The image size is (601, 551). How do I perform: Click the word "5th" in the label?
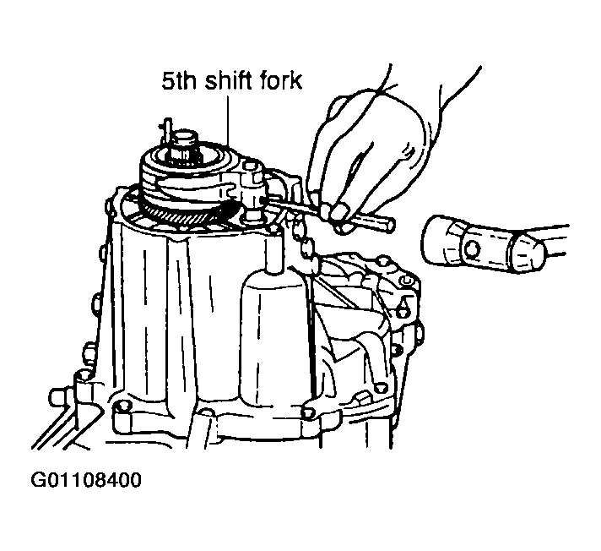pos(179,81)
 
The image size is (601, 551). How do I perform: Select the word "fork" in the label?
pos(282,80)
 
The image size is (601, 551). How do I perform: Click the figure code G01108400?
pos(86,480)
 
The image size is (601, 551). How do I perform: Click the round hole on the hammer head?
pos(472,250)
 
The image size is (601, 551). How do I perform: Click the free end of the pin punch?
pos(390,226)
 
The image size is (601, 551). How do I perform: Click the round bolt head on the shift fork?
pos(250,167)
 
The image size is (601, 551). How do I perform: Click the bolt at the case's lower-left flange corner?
pos(121,406)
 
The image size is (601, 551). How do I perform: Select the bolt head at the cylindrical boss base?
pos(308,412)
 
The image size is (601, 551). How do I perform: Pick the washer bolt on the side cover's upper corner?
pos(406,282)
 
